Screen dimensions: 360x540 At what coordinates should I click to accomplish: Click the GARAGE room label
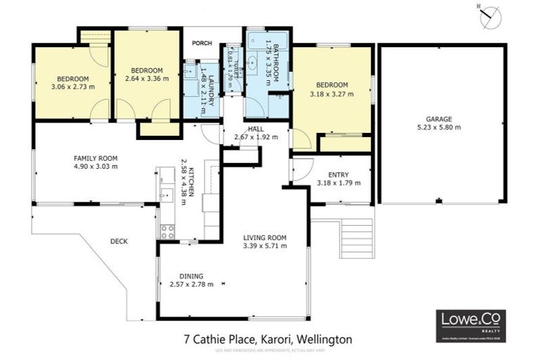438,119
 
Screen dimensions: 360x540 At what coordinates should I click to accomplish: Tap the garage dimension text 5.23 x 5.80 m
438,128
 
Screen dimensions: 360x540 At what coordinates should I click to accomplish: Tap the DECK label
119,241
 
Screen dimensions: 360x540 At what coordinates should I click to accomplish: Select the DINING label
191,276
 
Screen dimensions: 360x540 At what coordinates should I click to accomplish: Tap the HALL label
255,129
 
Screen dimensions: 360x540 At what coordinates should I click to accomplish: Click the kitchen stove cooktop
167,231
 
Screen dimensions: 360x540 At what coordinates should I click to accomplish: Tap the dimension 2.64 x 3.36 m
147,79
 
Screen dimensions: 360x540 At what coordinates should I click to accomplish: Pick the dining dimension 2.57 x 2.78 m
191,285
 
